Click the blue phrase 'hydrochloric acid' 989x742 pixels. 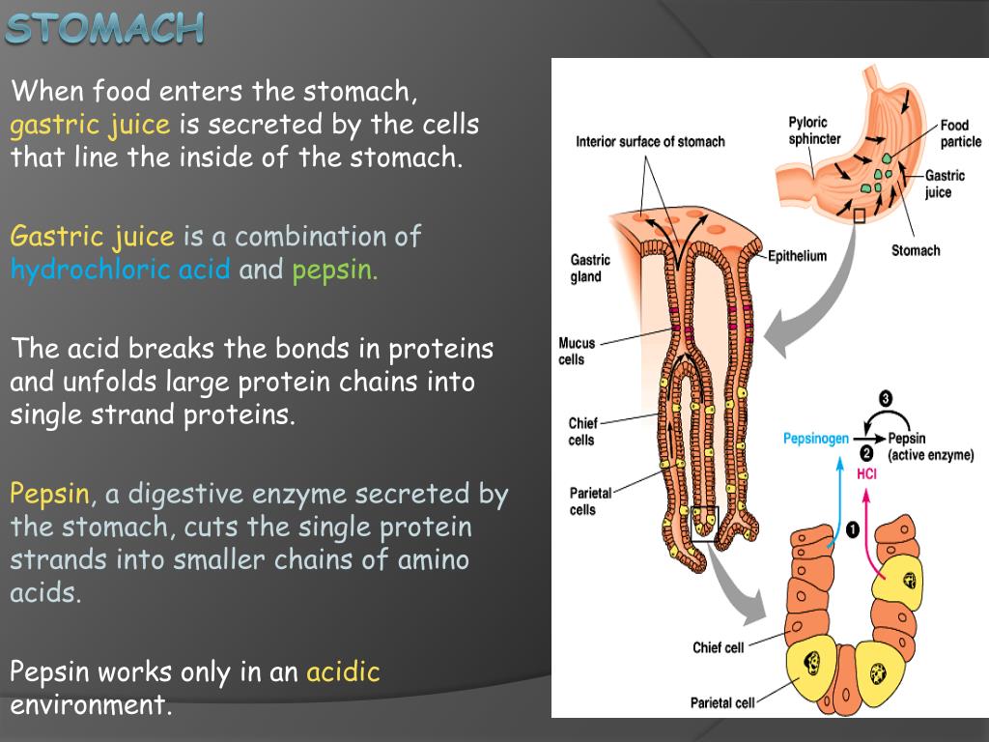(121, 269)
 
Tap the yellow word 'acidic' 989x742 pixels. (343, 671)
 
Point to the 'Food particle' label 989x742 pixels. (960, 133)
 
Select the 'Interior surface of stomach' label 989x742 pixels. (650, 141)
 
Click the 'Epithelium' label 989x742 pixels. (798, 256)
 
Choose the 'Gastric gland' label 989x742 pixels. (589, 268)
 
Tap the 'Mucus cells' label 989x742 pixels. (577, 351)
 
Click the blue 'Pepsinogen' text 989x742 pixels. (816, 438)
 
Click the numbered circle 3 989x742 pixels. (886, 399)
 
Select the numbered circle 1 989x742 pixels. (851, 529)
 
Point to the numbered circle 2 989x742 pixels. (866, 454)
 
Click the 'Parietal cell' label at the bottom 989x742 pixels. (722, 702)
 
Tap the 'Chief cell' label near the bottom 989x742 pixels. (719, 647)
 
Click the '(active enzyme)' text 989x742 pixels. (930, 455)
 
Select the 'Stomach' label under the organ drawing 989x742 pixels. (915, 250)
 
